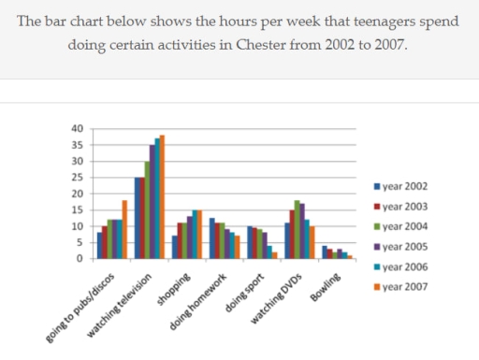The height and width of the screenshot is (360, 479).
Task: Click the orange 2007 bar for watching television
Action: [x=162, y=197]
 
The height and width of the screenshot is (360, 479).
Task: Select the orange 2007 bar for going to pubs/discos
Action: [x=124, y=230]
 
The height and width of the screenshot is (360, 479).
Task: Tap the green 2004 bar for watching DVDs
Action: [x=297, y=230]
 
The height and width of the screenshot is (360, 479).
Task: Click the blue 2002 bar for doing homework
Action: [x=212, y=238]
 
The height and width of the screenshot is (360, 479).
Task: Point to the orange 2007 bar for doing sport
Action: [x=274, y=255]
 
